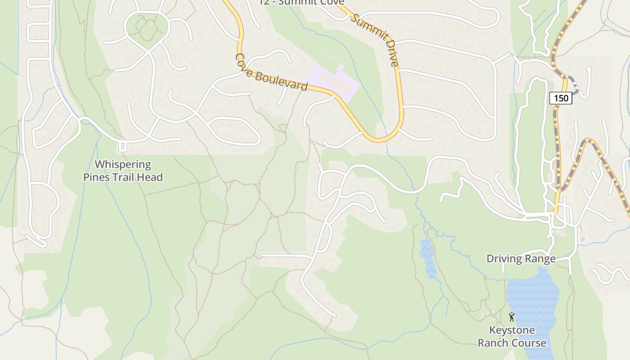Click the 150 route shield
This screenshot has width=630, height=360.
(561, 98)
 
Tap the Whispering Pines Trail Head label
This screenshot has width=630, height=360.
(123, 171)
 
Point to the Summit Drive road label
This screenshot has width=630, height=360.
(375, 40)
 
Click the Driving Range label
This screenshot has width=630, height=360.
(521, 259)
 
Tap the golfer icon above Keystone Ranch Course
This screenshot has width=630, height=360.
(511, 316)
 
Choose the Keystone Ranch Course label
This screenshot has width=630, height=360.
(512, 337)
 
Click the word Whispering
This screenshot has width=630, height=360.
(123, 165)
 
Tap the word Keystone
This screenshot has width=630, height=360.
(512, 330)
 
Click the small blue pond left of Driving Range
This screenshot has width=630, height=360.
(427, 258)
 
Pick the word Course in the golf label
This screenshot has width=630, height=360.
(529, 343)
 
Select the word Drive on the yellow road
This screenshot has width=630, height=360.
(389, 55)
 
